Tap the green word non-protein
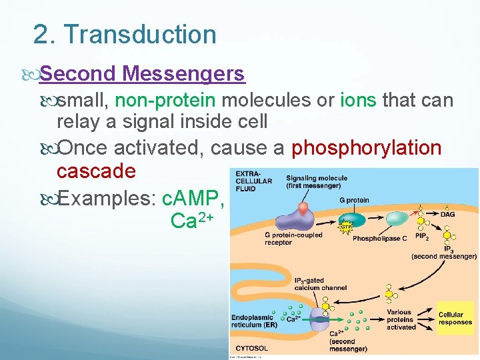165,101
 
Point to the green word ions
359,101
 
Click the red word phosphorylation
367,147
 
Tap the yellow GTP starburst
345,226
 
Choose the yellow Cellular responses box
455,318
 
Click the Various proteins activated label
401,319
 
